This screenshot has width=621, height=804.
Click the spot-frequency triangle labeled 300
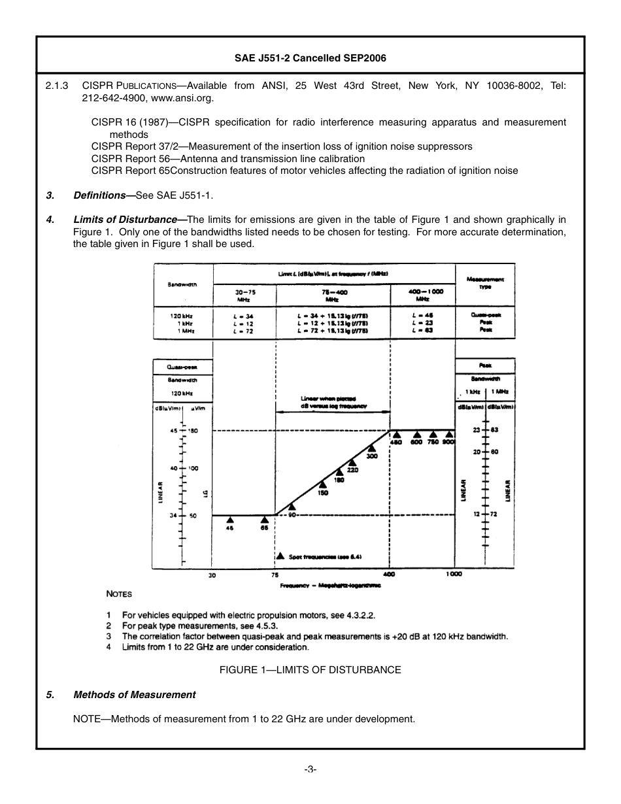pos(371,448)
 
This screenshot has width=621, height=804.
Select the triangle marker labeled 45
pos(230,520)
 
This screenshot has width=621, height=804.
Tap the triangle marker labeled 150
pos(323,485)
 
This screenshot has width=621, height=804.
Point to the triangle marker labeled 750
pos(433,435)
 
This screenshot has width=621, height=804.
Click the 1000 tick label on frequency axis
pos(455,574)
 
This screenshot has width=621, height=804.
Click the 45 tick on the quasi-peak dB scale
pos(173,431)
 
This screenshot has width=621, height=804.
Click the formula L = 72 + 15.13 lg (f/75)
pos(331,331)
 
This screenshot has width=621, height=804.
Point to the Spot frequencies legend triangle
pos(280,556)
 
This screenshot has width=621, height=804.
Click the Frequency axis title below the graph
pos(330,586)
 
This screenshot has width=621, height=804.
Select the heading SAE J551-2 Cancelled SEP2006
pos(310,58)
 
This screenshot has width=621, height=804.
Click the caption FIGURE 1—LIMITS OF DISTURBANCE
pos(310,670)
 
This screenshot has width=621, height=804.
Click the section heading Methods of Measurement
pos(134,695)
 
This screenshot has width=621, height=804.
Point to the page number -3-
pos(310,769)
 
